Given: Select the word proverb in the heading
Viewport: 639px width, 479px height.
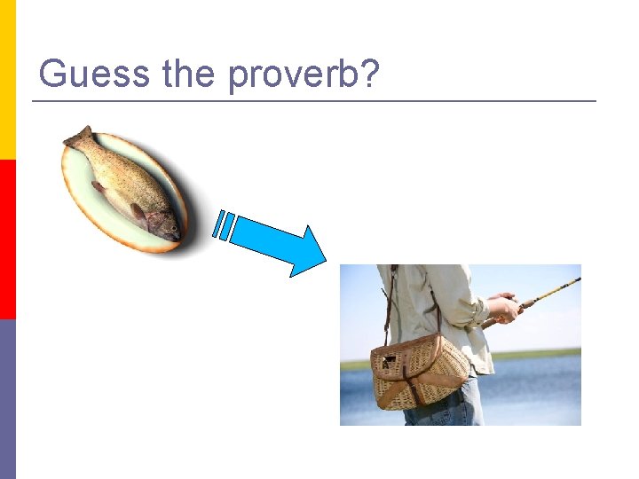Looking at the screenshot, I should pyautogui.click(x=292, y=75).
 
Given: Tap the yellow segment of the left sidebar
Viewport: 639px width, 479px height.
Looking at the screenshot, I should pyautogui.click(x=7, y=80).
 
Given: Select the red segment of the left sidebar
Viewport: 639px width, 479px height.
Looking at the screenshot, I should pyautogui.click(x=7, y=239).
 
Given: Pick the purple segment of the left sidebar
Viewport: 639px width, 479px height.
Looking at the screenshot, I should pyautogui.click(x=7, y=399).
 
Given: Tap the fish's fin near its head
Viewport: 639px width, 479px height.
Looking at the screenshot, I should pyautogui.click(x=138, y=213).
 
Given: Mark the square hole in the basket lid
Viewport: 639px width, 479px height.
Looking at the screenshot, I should pyautogui.click(x=388, y=363).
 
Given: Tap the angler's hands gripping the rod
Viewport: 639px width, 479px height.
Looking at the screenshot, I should pyautogui.click(x=505, y=308).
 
